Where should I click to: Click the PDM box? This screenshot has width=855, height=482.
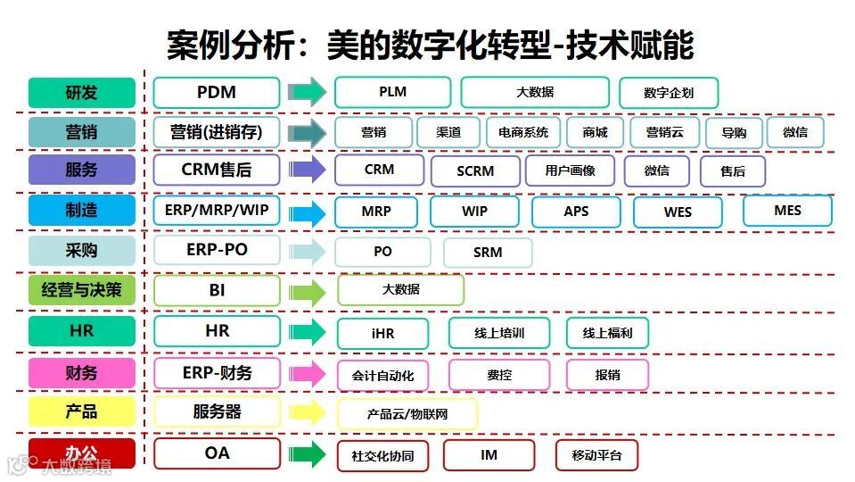[216, 93]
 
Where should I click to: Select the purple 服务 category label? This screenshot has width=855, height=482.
[82, 170]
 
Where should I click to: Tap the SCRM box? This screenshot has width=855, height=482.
[474, 171]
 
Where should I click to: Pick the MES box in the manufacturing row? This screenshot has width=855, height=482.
[787, 211]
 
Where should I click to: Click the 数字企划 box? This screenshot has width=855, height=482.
[668, 93]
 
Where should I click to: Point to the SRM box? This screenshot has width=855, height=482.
[488, 253]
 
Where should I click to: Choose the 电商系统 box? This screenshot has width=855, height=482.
[523, 133]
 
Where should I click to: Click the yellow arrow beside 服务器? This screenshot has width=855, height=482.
[308, 413]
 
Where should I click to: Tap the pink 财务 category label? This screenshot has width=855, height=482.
[82, 373]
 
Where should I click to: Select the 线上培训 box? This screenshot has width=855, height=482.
[499, 334]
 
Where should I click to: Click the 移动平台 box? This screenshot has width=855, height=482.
[596, 456]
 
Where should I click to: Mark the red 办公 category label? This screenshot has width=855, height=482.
[82, 453]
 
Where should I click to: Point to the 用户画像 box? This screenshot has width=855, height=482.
[571, 170]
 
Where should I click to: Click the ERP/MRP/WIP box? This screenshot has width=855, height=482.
[217, 211]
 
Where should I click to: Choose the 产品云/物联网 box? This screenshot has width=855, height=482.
[407, 415]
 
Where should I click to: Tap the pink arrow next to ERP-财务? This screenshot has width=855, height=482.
[308, 374]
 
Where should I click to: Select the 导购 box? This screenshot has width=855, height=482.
[734, 133]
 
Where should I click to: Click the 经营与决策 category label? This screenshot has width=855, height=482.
[82, 290]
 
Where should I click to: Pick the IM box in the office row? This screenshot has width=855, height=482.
[489, 455]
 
